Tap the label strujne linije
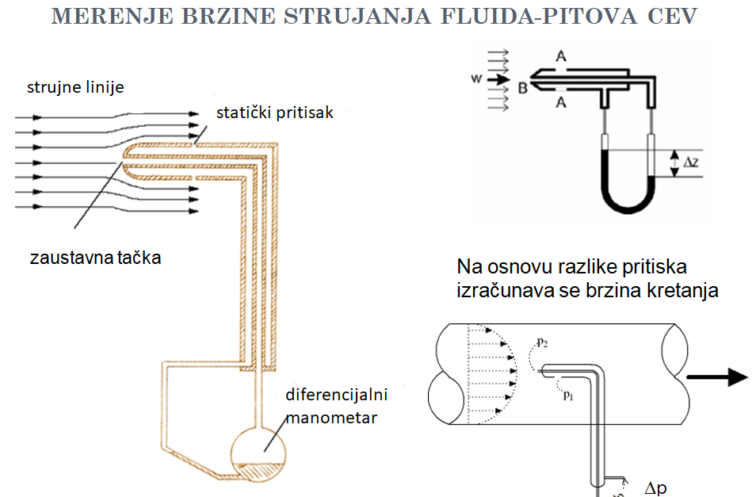[x=76, y=87]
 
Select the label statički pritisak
[x=275, y=113]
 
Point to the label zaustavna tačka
[x=95, y=258]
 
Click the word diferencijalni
[x=337, y=394]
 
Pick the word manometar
[x=331, y=418]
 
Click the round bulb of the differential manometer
[x=258, y=454]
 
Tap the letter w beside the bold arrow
[x=476, y=78]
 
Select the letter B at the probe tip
[x=523, y=89]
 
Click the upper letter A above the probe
[x=561, y=56]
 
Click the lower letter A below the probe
[x=561, y=102]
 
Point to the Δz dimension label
[x=690, y=162]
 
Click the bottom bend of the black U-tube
[x=628, y=208]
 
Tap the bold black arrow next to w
[x=498, y=79]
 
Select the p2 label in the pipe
[x=542, y=342]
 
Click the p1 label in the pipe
[x=568, y=396]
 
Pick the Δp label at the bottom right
[x=655, y=487]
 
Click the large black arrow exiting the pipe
[x=717, y=377]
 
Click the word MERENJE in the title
[x=113, y=16]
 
